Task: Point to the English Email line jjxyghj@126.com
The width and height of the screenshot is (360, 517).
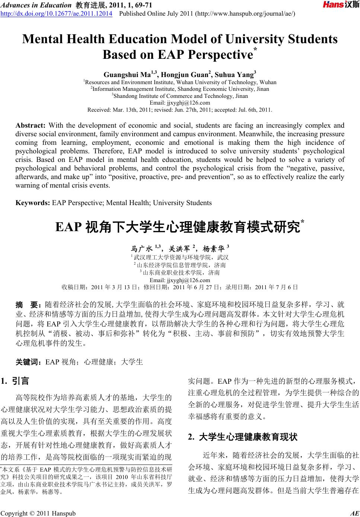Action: (x=179, y=103)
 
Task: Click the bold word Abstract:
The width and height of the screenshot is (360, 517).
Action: (x=30, y=125)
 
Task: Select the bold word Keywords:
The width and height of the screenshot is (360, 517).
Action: (x=33, y=203)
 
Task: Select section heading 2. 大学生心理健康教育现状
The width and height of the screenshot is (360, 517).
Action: (x=243, y=437)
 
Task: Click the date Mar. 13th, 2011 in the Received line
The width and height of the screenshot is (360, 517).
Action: (x=132, y=110)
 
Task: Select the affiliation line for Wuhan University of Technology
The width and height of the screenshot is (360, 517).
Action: (x=179, y=82)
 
